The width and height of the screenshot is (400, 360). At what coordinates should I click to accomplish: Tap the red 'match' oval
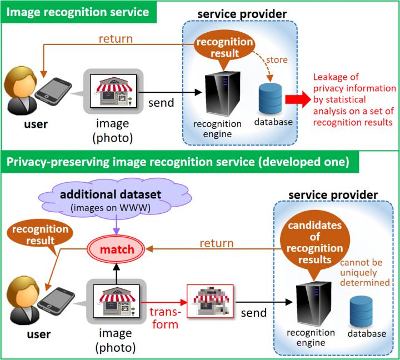(117, 249)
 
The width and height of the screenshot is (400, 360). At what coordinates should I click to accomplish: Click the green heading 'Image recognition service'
(77, 11)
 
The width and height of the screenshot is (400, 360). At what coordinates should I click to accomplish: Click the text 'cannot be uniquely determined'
(367, 272)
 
